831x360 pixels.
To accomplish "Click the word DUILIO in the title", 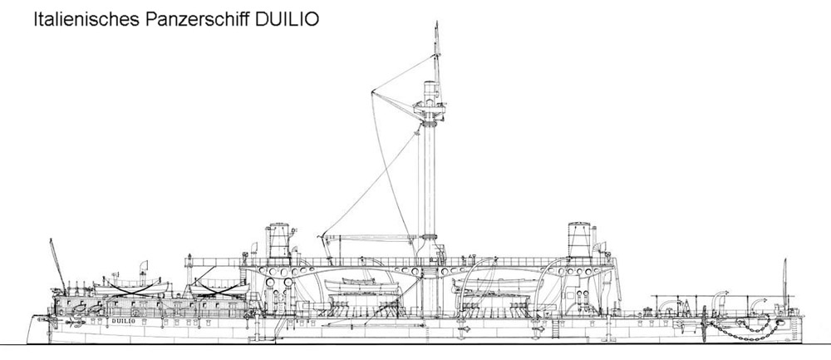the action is pos(287,19).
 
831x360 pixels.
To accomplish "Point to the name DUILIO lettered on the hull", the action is pos(124,321).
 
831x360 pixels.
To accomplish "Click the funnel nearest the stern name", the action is pos(278,241).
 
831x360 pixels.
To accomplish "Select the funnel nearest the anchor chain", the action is pos(579,240).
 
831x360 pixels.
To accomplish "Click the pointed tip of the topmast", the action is pos(437,22).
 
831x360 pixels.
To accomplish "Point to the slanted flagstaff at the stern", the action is pos(57,265).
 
